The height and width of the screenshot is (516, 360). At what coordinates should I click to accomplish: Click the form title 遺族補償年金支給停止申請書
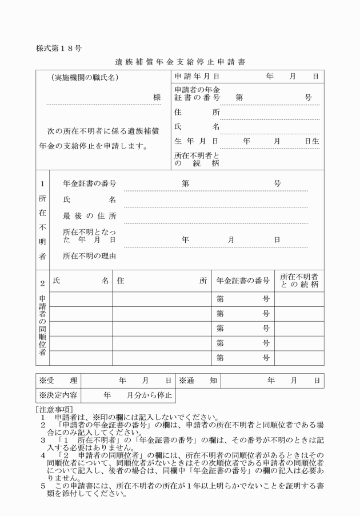[x=180, y=61]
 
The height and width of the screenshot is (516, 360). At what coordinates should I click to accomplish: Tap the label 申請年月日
[x=197, y=77]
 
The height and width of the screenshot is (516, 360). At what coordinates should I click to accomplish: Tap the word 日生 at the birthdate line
[x=312, y=141]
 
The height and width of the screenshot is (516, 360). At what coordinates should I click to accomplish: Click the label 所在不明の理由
[x=90, y=256]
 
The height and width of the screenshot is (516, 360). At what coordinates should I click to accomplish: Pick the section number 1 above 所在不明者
[x=42, y=184]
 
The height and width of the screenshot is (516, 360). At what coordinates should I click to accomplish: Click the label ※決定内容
[x=58, y=395]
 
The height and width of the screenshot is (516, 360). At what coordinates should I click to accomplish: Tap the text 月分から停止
[x=145, y=395]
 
